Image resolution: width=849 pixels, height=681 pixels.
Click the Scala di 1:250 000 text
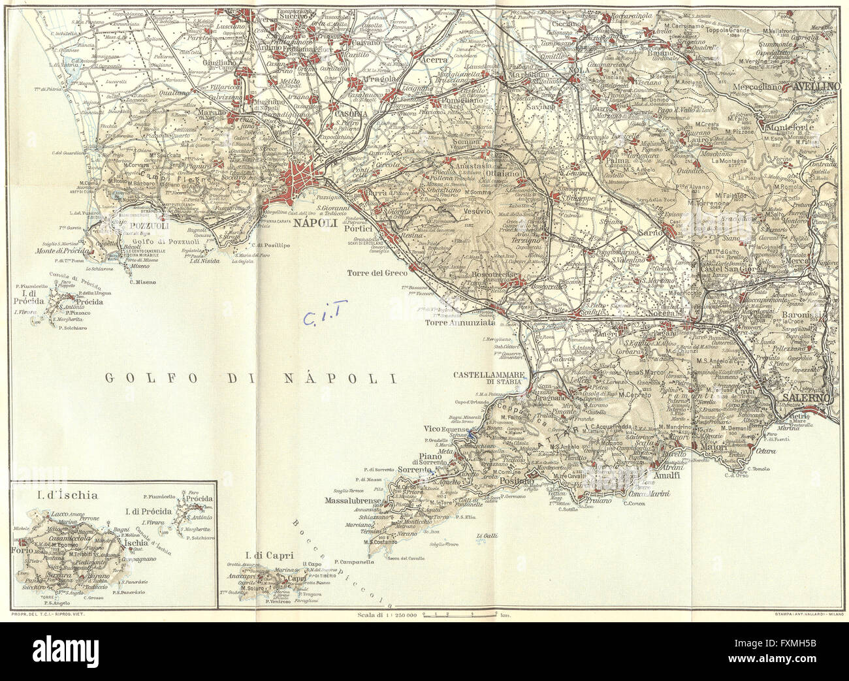388,614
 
